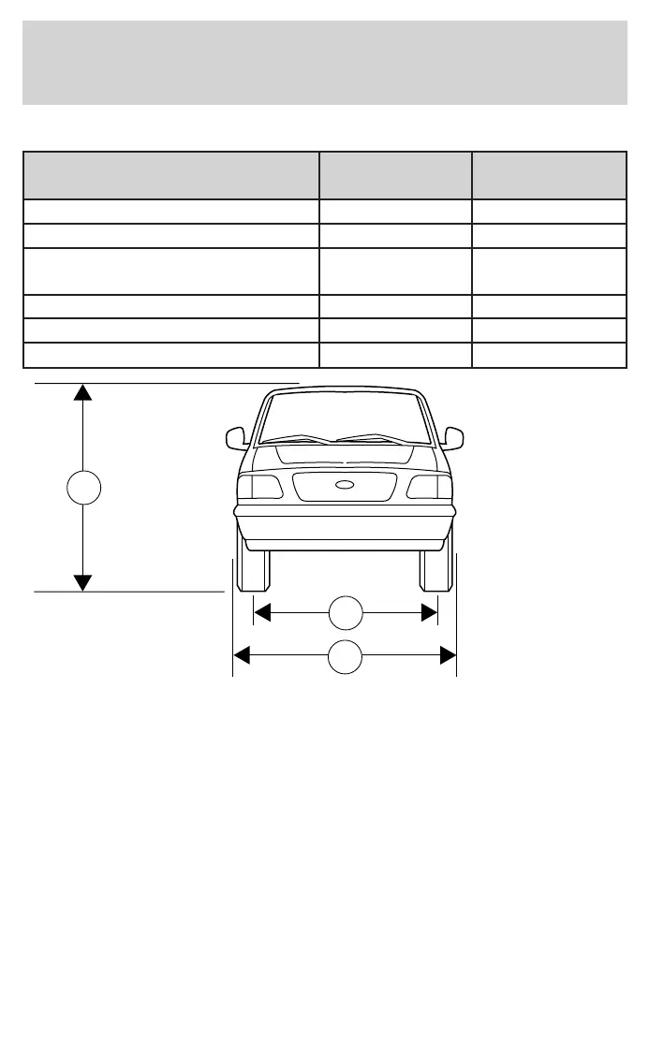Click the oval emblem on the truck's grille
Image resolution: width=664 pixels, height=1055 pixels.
pos(345,485)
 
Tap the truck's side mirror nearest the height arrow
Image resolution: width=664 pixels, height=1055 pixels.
pos(235,437)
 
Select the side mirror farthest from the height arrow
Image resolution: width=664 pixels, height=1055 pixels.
pos(454,437)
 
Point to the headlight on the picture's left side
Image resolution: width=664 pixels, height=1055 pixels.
pos(259,487)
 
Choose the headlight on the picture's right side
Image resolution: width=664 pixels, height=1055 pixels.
pos(429,487)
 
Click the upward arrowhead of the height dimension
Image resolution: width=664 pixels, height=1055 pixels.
pos(83,392)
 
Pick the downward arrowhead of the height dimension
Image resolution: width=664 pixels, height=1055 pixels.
pos(83,582)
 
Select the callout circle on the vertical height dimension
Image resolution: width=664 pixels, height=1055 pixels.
pos(83,488)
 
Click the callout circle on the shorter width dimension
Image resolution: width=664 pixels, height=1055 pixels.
pos(346,612)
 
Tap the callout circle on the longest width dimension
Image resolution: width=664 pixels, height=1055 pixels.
pos(346,657)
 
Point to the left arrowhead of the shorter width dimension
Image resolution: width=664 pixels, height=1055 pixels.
pos(262,612)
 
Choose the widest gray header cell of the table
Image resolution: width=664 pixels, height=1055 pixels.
pos(170,175)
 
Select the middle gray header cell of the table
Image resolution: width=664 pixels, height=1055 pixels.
pos(395,175)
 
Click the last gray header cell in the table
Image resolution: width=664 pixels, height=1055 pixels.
pos(549,175)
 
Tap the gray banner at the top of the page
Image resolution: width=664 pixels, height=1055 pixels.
pos(325,63)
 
